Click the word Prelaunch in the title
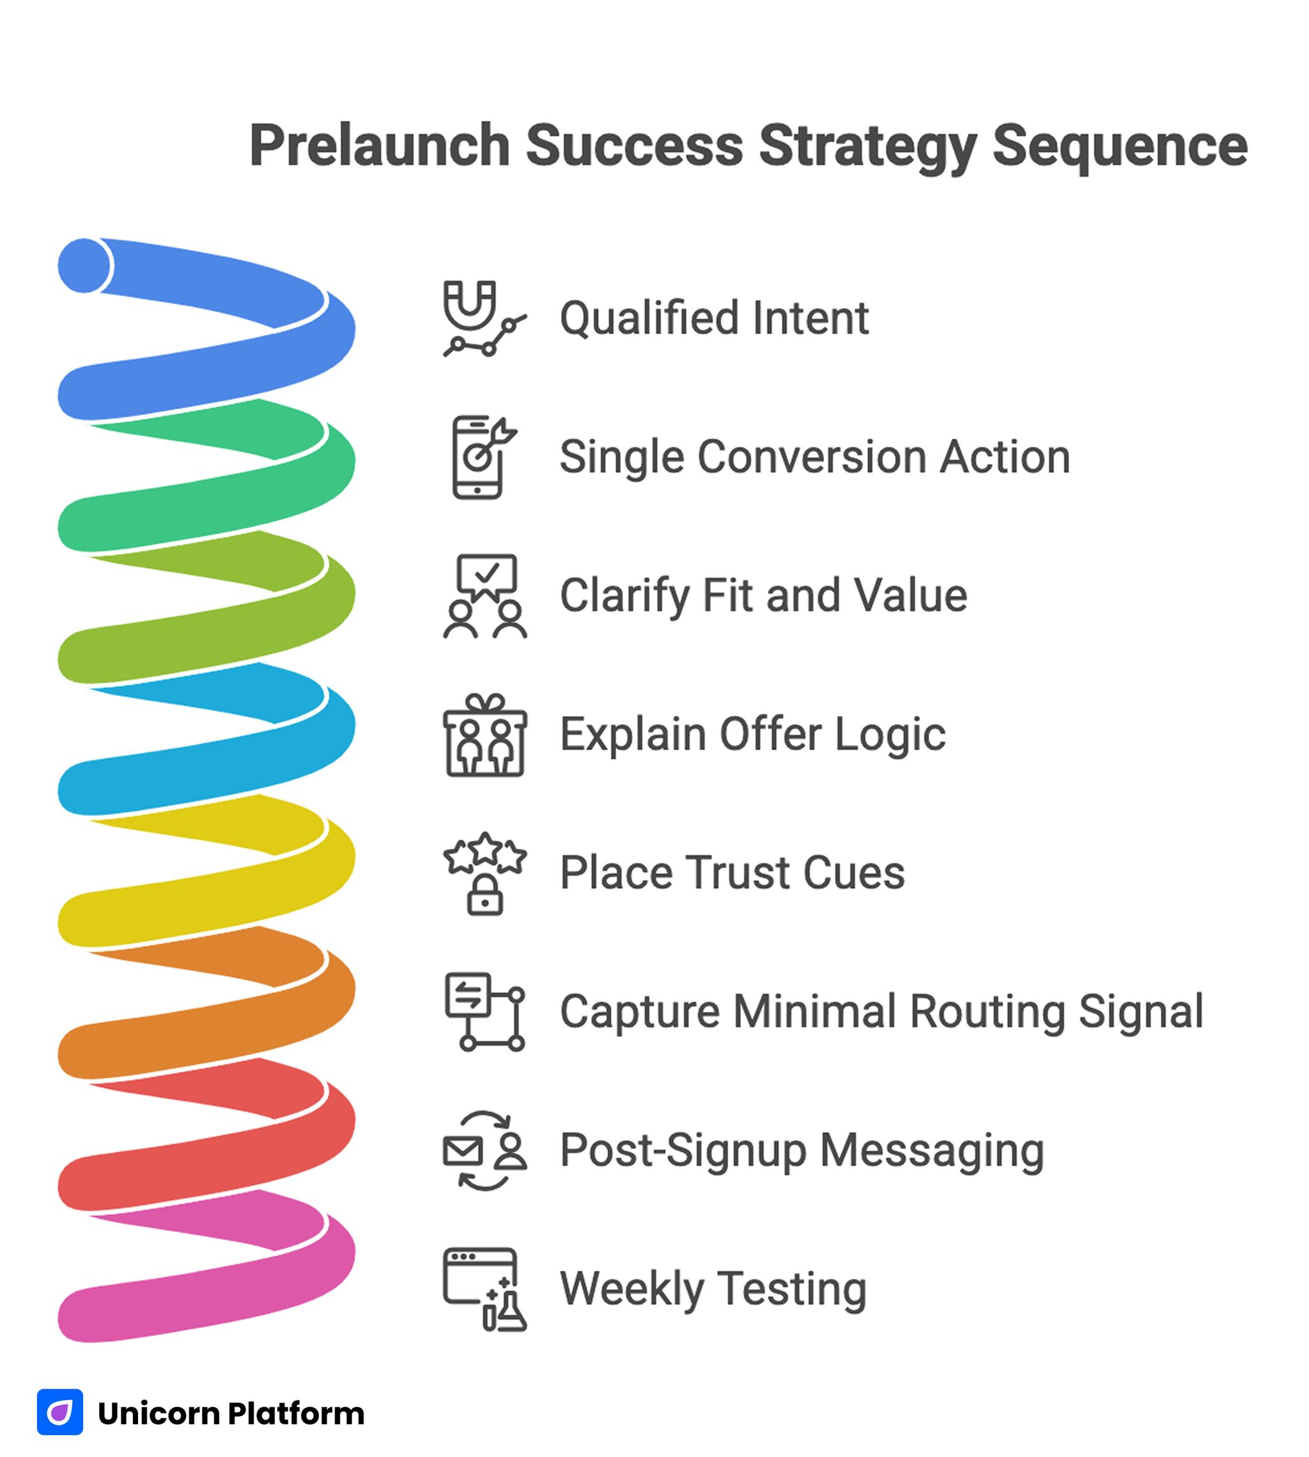[x=380, y=146]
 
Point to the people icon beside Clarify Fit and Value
[x=484, y=596]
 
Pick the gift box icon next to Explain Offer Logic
[x=484, y=735]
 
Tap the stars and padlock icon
[x=484, y=873]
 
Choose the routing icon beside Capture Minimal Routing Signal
[x=484, y=1011]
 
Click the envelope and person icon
[x=484, y=1151]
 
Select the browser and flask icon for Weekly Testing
[x=484, y=1289]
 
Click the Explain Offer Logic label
[x=752, y=735]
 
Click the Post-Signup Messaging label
[x=802, y=1151]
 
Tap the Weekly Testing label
[x=713, y=1289]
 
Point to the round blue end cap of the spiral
[x=85, y=265]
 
